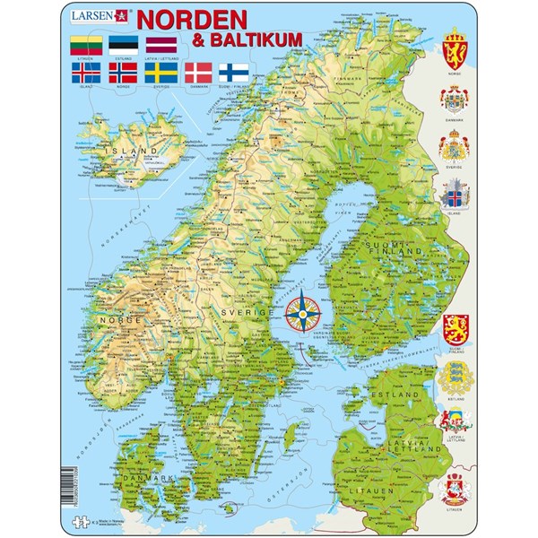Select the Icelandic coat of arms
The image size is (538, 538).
point(454,198)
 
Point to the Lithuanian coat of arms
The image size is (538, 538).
point(454,492)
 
